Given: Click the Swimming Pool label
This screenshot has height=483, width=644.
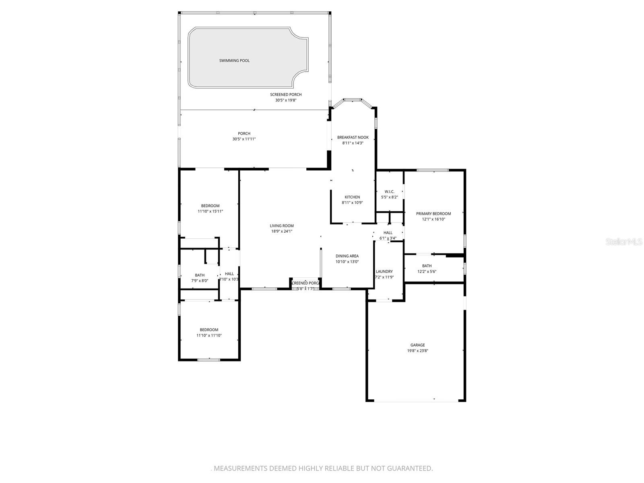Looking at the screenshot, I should [234, 61].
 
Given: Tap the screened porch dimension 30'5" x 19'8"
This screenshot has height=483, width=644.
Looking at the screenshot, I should [286, 100].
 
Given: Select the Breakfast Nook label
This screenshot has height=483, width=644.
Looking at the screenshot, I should [353, 137].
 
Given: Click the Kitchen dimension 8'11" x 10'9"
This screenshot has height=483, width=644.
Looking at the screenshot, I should [352, 203].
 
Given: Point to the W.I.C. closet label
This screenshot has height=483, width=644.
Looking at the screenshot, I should [389, 192].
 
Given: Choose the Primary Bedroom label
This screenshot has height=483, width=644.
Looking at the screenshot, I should [433, 214].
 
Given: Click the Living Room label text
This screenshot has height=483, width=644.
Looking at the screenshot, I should [282, 226].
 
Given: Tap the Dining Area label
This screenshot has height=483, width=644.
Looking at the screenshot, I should [347, 256].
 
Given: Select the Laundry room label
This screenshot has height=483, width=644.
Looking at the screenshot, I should [384, 271].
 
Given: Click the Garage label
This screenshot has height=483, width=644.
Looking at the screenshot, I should [417, 345].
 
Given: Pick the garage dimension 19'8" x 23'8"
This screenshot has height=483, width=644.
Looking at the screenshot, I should [417, 351].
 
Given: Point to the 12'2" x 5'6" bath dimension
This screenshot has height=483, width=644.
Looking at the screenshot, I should [427, 271].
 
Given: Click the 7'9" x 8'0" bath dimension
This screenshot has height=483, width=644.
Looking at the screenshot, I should [200, 281].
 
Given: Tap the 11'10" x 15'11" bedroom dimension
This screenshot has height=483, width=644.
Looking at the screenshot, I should [210, 211].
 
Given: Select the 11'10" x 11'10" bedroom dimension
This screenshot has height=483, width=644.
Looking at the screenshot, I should [209, 335].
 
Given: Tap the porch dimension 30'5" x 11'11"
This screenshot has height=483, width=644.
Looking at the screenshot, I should [244, 139].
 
